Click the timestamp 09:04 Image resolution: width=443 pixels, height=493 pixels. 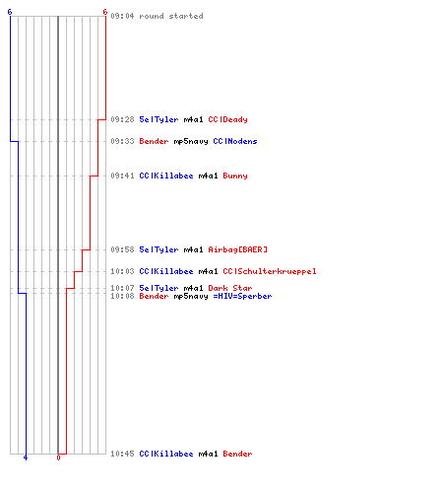122,16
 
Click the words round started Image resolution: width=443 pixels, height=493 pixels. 171,16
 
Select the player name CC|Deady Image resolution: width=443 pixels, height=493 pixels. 227,119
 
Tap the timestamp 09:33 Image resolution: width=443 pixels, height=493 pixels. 122,141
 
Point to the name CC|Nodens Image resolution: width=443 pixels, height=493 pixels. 235,141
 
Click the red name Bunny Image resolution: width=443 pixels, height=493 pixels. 235,176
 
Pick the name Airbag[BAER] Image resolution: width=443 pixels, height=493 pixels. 237,249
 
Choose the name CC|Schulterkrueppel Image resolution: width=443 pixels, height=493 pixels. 270,271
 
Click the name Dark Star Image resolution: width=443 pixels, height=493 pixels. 230,288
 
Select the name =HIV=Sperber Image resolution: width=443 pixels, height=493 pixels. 242,296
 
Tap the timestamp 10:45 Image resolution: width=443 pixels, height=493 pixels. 122,454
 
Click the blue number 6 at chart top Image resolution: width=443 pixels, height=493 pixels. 10,12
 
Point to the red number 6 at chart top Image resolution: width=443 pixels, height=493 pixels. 105,12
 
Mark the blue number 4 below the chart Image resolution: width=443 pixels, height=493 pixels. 26,458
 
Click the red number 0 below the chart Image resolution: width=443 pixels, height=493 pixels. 58,458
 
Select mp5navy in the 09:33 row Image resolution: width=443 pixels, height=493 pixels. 191,141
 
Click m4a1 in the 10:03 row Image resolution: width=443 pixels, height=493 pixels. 208,271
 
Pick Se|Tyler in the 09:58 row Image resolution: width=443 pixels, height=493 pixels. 158,249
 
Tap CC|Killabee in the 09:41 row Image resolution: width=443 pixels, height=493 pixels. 166,176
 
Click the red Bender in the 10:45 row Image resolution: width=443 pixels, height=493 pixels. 237,454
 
